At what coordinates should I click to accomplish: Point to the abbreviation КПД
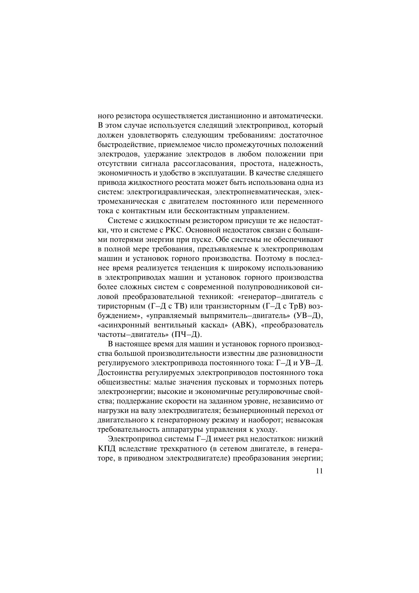pyautogui.click(x=105, y=449)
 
